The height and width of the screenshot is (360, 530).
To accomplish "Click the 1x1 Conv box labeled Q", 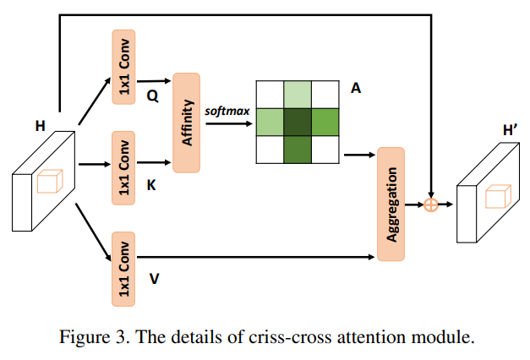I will tap(123, 68).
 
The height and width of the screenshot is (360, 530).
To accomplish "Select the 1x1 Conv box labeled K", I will tap(123, 167).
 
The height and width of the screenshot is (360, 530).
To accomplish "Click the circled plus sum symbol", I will tap(431, 205).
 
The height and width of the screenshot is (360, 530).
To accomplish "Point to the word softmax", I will tap(227, 110).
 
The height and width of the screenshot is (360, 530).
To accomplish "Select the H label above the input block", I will tap(40, 127).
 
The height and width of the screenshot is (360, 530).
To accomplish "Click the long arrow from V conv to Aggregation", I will tap(254, 257).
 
